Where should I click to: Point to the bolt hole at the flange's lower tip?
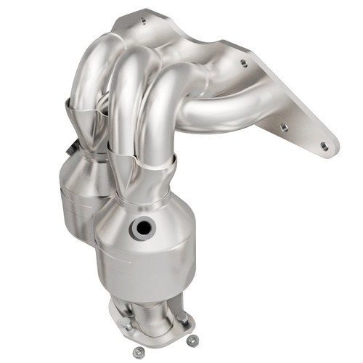pyautogui.click(x=324, y=146)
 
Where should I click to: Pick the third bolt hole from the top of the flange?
pyautogui.click(x=284, y=127)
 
